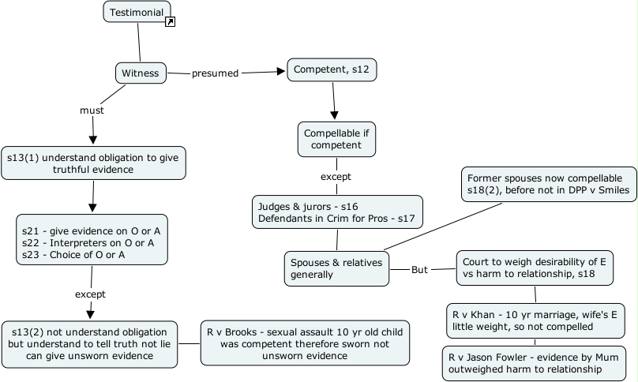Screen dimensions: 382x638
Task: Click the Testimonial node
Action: click(137, 12)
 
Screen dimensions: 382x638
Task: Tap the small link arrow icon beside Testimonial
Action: click(170, 21)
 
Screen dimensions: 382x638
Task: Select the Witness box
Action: click(141, 73)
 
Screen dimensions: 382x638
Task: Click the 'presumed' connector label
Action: click(215, 73)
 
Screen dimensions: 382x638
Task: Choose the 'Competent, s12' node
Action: click(331, 70)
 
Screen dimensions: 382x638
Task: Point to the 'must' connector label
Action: click(92, 110)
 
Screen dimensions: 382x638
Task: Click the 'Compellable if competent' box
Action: click(336, 139)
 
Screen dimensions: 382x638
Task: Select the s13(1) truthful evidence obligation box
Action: click(93, 163)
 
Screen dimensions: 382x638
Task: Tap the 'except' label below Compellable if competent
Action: click(336, 176)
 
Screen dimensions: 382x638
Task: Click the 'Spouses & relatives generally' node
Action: click(336, 268)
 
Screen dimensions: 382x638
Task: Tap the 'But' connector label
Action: click(420, 269)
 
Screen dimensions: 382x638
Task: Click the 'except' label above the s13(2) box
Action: click(90, 294)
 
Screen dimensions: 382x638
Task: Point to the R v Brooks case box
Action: click(305, 343)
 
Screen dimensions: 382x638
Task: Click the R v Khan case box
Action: click(535, 320)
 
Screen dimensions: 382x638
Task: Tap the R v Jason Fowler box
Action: click(535, 361)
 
